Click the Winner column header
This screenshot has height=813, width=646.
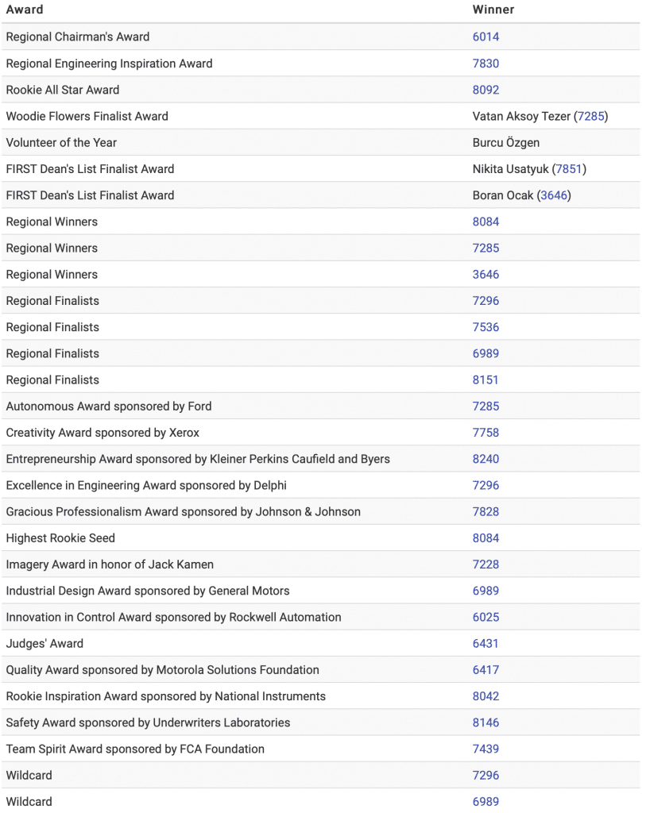pos(493,10)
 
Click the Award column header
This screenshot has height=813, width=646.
pos(25,10)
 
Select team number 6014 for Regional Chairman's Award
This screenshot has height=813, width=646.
pos(485,37)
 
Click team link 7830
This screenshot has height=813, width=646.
pos(485,64)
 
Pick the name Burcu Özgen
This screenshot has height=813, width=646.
pos(506,143)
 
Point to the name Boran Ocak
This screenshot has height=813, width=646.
pos(503,195)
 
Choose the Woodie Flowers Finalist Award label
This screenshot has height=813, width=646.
pos(87,116)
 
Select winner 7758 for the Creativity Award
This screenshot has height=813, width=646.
pos(485,433)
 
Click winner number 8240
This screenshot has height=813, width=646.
pos(485,459)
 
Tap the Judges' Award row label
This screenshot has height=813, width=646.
pos(44,644)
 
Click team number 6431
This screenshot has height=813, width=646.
pos(485,644)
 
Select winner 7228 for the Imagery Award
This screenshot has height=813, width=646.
pos(485,564)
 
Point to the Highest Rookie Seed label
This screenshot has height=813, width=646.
pos(60,538)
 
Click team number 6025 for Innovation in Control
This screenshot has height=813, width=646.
pos(485,617)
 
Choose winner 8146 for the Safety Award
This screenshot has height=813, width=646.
pos(485,722)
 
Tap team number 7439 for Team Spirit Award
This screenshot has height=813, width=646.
pos(485,749)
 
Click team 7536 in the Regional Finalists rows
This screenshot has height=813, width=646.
pos(485,327)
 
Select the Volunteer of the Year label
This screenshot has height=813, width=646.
pos(61,143)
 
